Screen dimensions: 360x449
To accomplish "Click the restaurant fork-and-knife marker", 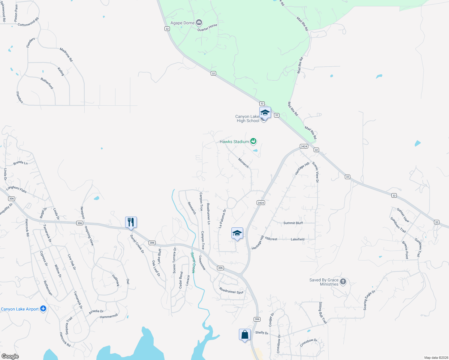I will pos(131,222).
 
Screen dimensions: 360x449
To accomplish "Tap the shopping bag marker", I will pos(245,334).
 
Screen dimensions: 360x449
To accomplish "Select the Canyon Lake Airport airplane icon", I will pos(43,309).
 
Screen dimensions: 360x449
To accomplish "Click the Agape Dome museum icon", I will pos(199,22).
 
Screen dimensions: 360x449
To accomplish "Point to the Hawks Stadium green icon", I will pos(253,141).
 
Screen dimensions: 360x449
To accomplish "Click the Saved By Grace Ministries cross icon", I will pos(343,282).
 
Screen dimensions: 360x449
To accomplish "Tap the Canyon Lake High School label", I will pos(247,118).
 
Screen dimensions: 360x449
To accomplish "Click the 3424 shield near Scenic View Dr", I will pos(304,146).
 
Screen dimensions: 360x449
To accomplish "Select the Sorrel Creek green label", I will pos(193,263).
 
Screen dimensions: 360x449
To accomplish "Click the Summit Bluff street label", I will pos(293,223).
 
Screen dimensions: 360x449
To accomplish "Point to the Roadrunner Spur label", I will pos(231,290).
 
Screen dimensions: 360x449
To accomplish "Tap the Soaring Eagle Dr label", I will pos(369,300).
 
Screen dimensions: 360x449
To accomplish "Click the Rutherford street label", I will pos(47,83).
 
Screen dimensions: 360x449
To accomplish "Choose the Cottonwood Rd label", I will pos(28,22).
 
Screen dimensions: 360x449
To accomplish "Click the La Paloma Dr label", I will pos(222,219).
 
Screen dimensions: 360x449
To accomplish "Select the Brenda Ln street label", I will pos(20,163).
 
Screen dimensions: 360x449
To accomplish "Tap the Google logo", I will pos(10,356).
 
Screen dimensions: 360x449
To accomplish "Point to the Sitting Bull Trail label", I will pos(322,313).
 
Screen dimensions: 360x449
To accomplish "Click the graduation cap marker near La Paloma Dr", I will pos(237,233).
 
